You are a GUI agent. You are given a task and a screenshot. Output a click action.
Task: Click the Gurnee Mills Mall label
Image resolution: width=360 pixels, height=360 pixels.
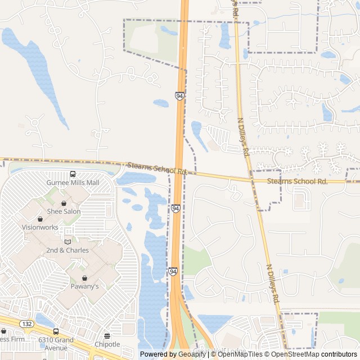73,183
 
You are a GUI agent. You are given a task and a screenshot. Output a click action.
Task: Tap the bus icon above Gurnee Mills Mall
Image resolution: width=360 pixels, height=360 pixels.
73,174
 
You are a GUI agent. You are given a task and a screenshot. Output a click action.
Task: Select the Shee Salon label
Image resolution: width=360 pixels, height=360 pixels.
64,211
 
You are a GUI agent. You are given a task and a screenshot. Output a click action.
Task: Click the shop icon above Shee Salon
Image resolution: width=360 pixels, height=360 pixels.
64,203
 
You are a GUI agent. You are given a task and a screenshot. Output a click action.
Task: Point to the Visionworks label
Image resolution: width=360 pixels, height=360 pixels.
40,227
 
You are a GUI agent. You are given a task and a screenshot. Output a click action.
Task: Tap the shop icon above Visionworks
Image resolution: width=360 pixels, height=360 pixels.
40,219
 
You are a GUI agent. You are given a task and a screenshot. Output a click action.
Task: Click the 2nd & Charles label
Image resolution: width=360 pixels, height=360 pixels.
67,250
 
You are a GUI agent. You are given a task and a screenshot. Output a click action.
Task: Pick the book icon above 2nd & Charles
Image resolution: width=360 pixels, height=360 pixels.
67,241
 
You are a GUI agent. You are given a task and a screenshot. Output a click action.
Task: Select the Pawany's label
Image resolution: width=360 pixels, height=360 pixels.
84,286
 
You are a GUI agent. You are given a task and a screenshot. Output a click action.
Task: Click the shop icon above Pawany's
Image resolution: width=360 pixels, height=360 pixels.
84,278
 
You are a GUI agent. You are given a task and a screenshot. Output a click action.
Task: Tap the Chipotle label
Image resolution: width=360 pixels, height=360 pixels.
107,344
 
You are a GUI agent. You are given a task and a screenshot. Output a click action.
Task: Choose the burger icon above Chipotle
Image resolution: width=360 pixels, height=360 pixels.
107,336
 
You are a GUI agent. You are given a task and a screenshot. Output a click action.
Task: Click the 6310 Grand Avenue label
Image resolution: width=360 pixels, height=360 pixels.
56,340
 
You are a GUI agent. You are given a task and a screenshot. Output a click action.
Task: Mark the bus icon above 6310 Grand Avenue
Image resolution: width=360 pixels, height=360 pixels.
56,332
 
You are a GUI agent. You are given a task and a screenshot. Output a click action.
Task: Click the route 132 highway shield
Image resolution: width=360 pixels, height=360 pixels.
26,325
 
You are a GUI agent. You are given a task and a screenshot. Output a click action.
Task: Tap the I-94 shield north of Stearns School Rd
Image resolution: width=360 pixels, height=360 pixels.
179,96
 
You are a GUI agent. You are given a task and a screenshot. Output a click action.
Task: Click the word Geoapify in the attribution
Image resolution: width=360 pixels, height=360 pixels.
192,354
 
